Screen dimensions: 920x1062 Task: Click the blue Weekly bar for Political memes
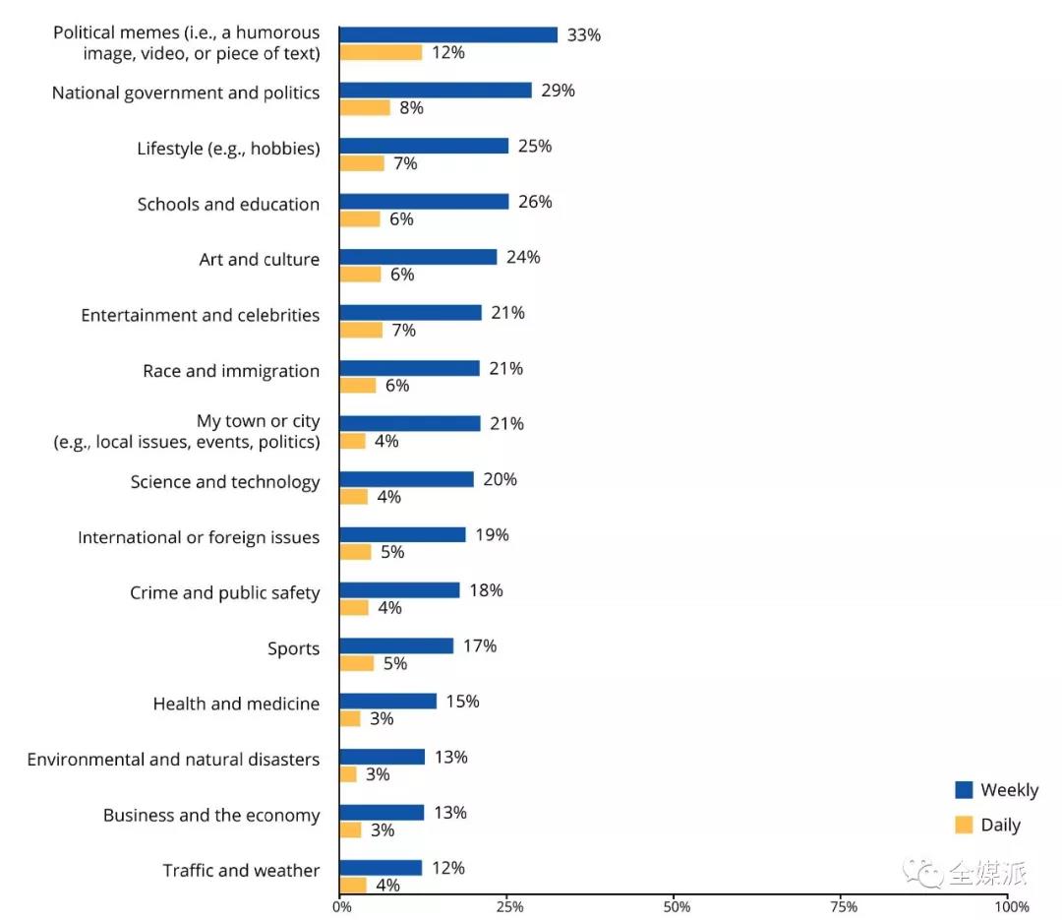coord(448,34)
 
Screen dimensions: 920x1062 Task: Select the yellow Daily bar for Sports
coord(357,663)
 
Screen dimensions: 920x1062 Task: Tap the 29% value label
coord(558,91)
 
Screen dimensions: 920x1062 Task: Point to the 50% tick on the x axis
coord(676,906)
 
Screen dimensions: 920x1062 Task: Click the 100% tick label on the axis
coord(1011,906)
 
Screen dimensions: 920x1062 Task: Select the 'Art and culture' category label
coord(259,260)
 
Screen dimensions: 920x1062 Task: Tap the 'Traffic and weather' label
coord(241,871)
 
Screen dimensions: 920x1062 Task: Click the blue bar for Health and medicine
coord(387,701)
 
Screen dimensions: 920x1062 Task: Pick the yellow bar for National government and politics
coord(365,107)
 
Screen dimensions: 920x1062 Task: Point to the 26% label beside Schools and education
coord(535,202)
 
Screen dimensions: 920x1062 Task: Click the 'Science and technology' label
coord(225,482)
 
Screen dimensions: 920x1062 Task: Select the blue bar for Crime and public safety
coord(399,589)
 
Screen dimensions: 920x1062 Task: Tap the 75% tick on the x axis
coord(844,906)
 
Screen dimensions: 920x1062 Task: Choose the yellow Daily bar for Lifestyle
coord(362,163)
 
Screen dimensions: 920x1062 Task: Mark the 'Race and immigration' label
coord(231,371)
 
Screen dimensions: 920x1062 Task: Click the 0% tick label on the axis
coord(341,906)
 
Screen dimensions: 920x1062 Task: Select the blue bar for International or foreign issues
coord(402,534)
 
